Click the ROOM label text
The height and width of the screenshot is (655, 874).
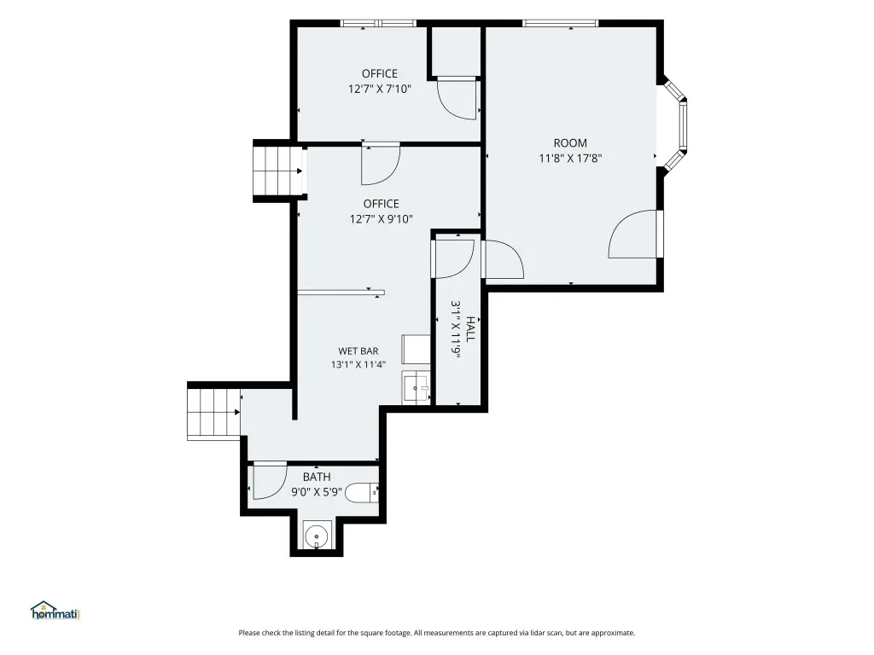point(570,143)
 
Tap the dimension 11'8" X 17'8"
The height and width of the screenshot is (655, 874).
point(570,158)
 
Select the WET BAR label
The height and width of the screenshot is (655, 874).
point(358,351)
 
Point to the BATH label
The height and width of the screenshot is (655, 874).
point(317,477)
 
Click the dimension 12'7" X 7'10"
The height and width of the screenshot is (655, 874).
point(380,89)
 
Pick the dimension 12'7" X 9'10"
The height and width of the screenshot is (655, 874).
point(382,219)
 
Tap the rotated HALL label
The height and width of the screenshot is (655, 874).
point(471,329)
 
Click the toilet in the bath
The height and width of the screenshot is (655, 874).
point(362,493)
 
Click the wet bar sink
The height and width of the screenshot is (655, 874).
point(416,387)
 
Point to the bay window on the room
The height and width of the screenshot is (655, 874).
point(675,125)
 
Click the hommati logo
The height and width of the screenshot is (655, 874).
point(55,611)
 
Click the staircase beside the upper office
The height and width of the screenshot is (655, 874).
point(278,171)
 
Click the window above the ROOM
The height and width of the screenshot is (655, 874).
point(560,23)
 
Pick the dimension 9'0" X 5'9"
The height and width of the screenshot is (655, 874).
point(317,492)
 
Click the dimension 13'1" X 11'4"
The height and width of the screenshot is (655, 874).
point(358,365)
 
